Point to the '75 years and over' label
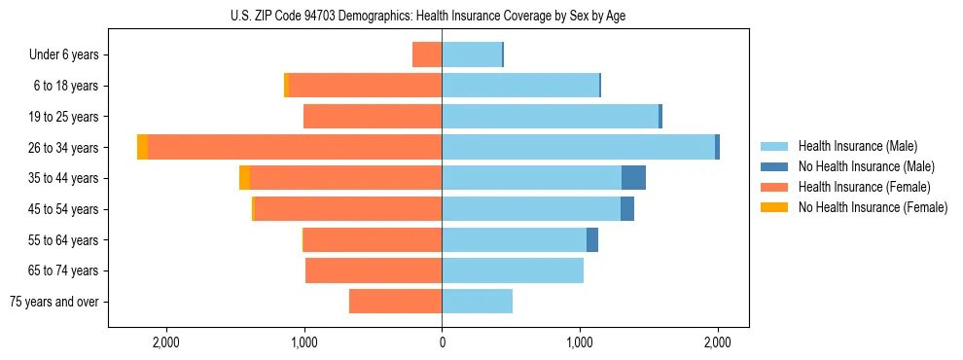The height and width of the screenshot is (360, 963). [x=54, y=302]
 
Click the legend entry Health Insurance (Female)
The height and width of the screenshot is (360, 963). [x=864, y=187]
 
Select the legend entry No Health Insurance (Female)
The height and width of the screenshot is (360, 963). [x=873, y=207]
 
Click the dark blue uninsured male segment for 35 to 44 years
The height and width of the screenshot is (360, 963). [x=633, y=178]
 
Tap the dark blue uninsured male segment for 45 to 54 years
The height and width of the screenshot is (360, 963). [x=627, y=208]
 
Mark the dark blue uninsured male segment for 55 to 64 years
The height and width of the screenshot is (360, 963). [x=592, y=239]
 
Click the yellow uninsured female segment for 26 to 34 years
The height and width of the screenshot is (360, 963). [x=143, y=147]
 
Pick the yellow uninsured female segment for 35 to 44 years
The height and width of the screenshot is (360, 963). [x=244, y=178]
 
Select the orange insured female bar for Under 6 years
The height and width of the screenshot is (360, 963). [x=427, y=54]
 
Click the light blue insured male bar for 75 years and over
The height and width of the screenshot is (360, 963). [x=477, y=302]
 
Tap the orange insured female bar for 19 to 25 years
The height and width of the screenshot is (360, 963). [x=373, y=117]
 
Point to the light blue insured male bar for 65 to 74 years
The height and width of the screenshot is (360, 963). [x=513, y=270]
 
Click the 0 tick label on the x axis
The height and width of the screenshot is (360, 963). [x=443, y=342]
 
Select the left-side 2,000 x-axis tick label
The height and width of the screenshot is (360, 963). [x=166, y=342]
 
